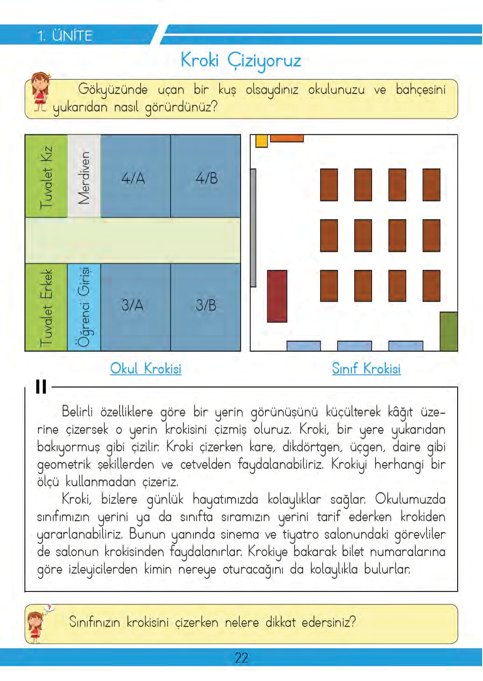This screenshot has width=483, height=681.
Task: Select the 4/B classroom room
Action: (x=206, y=176)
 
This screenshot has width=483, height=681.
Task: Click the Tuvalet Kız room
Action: (x=46, y=176)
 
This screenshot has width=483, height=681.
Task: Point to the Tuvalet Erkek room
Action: (x=46, y=307)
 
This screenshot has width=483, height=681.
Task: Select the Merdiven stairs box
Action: (x=84, y=176)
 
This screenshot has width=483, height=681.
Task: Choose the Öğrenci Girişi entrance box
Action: (x=84, y=307)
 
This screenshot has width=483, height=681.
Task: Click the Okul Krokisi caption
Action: (x=145, y=368)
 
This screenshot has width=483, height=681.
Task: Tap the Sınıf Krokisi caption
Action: (x=366, y=368)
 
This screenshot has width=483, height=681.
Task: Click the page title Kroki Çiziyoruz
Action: (x=241, y=60)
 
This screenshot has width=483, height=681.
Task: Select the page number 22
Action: (x=241, y=657)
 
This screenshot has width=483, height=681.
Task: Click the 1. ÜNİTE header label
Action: (x=65, y=35)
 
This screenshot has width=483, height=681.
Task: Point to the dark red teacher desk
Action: (x=277, y=296)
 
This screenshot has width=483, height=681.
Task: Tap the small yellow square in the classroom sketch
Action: (x=261, y=141)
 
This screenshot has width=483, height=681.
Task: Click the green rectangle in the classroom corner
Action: (x=448, y=331)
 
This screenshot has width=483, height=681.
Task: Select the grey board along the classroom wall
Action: (x=253, y=227)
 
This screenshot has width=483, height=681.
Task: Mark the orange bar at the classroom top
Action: (x=286, y=138)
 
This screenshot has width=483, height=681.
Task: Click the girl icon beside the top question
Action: (x=40, y=93)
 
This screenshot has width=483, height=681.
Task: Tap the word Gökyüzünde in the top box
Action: (x=113, y=89)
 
